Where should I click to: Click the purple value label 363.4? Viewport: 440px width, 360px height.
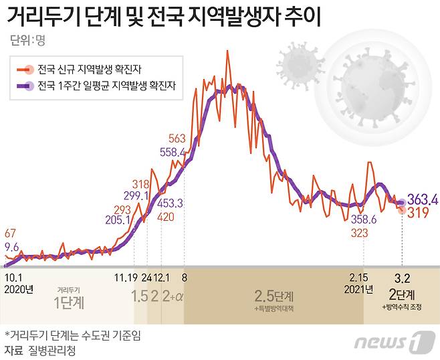[423, 199]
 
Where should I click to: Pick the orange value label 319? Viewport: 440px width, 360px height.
[419, 213]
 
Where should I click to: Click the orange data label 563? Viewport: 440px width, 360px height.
[177, 139]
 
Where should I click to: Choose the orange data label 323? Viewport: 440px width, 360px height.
[360, 232]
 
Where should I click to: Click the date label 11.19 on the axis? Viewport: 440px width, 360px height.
[125, 276]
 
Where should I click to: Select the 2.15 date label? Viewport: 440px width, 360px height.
[361, 276]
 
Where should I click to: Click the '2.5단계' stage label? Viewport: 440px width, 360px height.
[273, 295]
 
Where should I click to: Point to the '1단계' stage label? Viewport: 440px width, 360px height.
[68, 302]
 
